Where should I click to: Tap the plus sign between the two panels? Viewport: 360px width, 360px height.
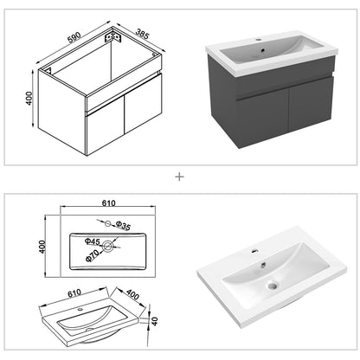(x=180, y=177)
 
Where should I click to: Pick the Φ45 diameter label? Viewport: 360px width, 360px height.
(x=92, y=241)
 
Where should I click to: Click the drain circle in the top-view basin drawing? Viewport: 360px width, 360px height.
(x=109, y=247)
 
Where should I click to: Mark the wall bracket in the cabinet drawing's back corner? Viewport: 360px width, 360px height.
(x=111, y=39)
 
